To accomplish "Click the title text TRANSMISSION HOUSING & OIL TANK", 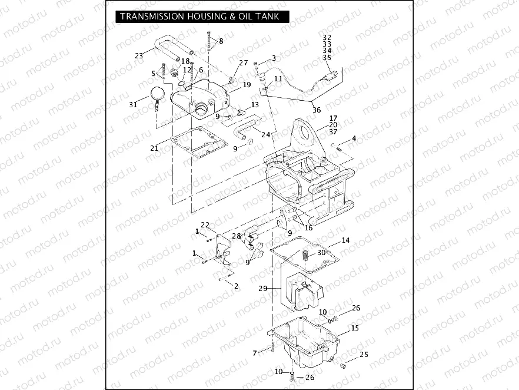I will point(199,16).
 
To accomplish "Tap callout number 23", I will point(139,56).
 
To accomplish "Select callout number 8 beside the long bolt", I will point(221,41).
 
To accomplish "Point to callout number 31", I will point(134,104).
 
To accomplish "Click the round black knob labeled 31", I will point(158,93).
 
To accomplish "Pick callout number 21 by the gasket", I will point(154,148).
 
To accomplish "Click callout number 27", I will point(244,63).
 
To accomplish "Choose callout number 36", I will point(316,110).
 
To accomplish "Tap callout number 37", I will point(333,132).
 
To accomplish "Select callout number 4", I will point(354,138).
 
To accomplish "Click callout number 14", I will point(345,240).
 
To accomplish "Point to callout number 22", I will point(205,224).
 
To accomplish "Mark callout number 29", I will point(263,289).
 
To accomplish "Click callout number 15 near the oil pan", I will point(355,328).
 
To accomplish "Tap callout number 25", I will point(364,354).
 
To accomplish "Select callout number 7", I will point(255,353).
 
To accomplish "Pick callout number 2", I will point(236,286).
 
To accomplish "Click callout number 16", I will point(308,228).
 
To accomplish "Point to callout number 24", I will point(266,134).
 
